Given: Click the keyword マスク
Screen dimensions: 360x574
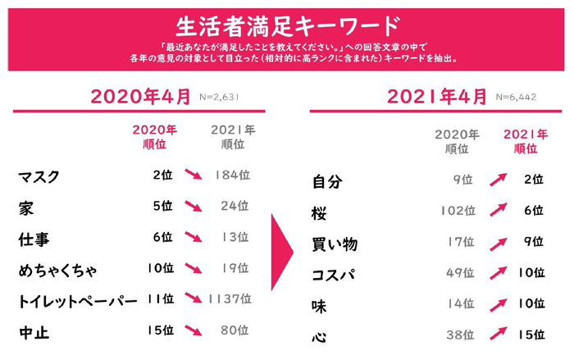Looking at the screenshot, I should tap(39, 175).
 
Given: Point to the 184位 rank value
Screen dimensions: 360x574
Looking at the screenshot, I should tap(231, 175).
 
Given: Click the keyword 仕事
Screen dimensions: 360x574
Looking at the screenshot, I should tap(34, 238).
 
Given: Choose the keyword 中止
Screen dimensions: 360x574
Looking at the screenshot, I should tap(34, 332).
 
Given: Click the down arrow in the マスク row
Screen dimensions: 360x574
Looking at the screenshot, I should tap(194, 175).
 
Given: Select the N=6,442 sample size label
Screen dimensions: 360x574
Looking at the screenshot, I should tap(517, 97).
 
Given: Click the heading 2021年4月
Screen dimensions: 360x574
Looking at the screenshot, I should tap(436, 96).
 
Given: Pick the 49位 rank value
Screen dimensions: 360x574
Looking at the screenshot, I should tap(459, 273).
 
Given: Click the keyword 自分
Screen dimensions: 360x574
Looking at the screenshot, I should tap(327, 180).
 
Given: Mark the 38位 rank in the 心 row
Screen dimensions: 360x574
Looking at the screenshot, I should tap(459, 335).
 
